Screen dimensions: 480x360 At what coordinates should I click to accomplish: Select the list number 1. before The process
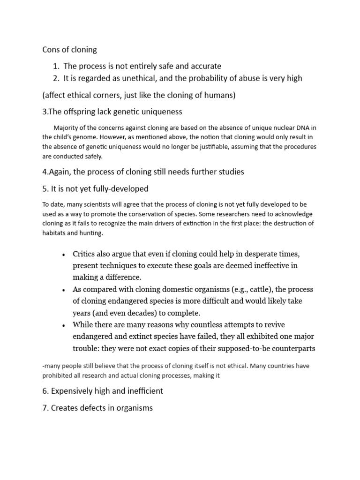(x=56, y=66)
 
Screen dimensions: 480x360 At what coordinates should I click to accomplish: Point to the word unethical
(x=133, y=78)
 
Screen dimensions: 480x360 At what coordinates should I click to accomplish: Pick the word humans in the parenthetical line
(x=218, y=95)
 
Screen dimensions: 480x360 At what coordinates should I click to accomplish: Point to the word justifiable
(x=231, y=147)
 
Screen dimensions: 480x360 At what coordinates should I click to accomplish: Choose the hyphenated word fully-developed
(x=121, y=188)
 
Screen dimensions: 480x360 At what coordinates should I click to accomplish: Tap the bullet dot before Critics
(x=63, y=255)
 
